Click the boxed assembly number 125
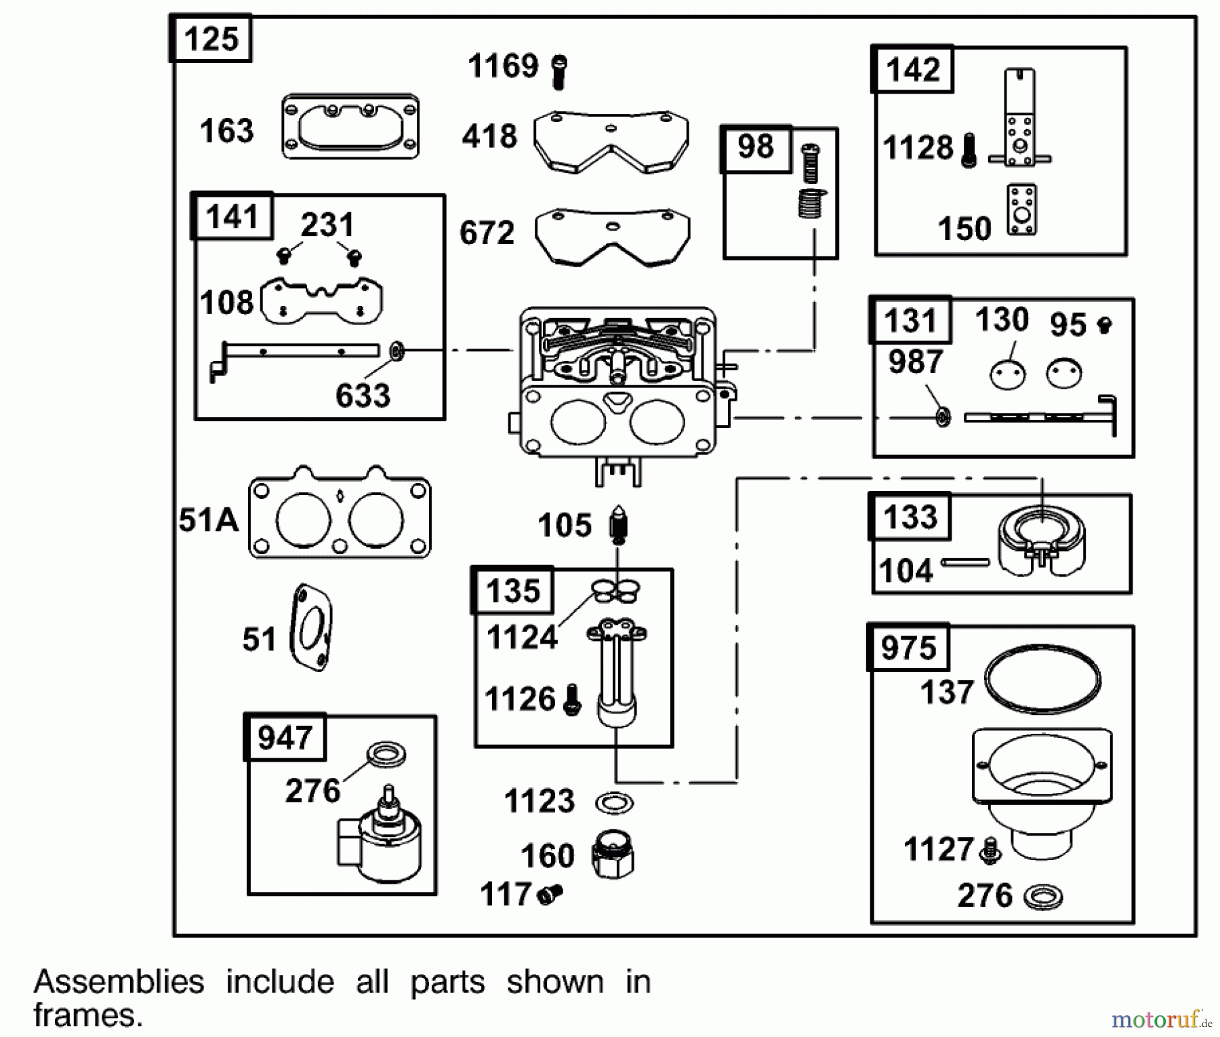point(211,39)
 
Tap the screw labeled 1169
point(559,71)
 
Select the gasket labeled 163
point(350,127)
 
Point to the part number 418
point(489,136)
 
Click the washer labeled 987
point(942,416)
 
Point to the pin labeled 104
point(965,562)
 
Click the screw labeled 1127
point(990,850)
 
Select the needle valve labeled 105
point(618,524)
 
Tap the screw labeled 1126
point(573,700)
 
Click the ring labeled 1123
point(614,803)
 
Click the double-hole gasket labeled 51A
point(340,513)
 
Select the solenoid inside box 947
point(380,839)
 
